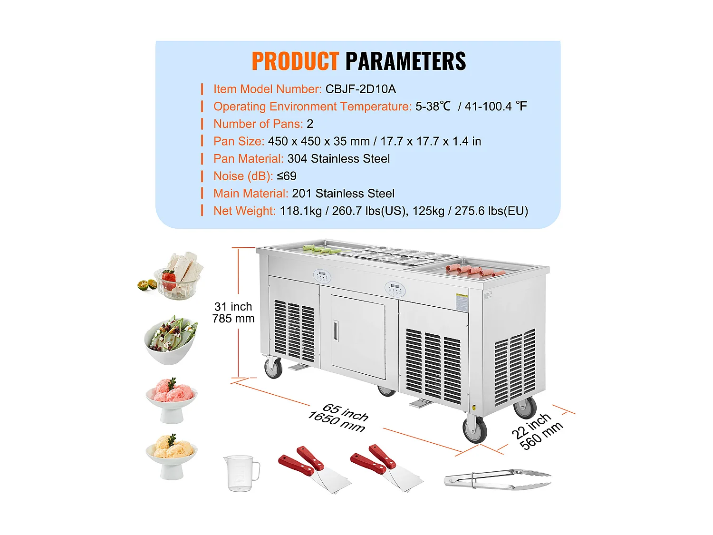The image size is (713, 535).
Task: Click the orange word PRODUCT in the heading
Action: point(295,61)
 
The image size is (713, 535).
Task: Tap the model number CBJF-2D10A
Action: point(361,89)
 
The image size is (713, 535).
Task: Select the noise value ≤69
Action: point(287,176)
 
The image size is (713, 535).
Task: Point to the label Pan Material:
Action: point(249,159)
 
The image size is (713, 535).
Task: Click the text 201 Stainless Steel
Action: point(343,194)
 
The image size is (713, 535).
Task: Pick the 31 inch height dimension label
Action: point(233,306)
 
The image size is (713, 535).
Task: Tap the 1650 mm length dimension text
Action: point(337,421)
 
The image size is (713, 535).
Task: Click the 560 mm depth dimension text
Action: point(541,436)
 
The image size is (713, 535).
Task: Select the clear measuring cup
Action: point(241,473)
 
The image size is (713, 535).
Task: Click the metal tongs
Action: point(497,479)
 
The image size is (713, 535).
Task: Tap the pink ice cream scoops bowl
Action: point(171,400)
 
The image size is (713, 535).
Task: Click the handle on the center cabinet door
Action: point(336,331)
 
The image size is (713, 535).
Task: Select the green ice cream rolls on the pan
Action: point(322,250)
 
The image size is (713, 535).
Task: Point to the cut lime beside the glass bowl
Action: point(147,285)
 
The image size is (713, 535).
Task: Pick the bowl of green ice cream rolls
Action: point(171,340)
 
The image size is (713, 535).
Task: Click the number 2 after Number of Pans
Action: point(310,124)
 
